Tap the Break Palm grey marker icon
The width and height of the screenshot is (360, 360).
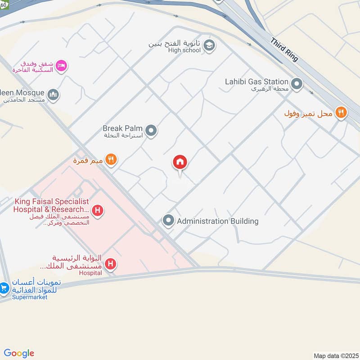[x=152, y=131]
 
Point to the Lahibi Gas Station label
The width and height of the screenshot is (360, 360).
[x=256, y=81]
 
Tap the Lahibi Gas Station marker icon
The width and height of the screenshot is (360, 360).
[x=297, y=84]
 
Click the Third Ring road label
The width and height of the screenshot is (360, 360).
[x=284, y=50]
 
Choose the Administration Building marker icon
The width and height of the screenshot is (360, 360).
[x=168, y=220]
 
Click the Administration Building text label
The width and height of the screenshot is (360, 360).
[x=217, y=221]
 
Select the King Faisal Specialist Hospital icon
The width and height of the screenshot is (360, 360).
[x=97, y=210]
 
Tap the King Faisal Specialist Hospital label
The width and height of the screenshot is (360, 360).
[x=51, y=206]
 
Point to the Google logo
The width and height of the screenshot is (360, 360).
[x=19, y=353]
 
